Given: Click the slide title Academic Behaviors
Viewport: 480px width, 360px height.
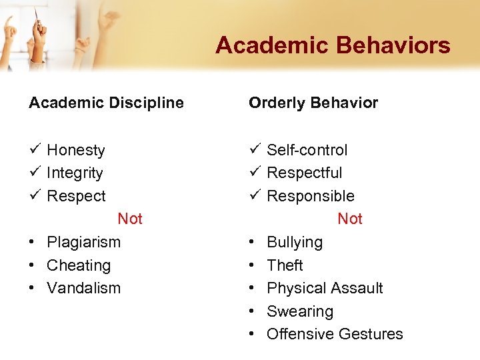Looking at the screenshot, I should click(333, 46).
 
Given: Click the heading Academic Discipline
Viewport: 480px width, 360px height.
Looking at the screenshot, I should click(106, 103).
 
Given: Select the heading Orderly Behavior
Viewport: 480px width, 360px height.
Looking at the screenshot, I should click(313, 103).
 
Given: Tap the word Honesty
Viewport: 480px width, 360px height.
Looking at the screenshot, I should click(76, 150).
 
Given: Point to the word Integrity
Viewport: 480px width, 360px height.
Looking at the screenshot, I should click(75, 173).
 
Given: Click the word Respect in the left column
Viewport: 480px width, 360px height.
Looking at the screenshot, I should click(76, 196).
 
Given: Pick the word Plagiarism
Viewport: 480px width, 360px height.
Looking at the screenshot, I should click(83, 242).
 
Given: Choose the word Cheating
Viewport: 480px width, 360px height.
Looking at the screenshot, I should click(79, 265).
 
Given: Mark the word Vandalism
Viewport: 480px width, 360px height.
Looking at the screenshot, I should click(83, 288).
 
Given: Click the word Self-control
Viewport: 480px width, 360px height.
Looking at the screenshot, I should click(307, 150).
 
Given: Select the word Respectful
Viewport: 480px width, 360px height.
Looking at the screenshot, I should click(304, 173).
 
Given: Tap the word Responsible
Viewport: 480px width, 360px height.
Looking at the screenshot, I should click(310, 196).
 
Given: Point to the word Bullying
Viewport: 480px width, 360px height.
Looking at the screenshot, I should click(295, 242).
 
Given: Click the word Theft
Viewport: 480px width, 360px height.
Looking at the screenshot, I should click(285, 265).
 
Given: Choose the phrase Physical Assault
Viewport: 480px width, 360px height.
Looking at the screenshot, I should click(325, 288).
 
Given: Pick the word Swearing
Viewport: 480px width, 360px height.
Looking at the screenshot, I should click(300, 311).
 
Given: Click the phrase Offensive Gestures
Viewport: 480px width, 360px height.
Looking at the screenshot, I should click(335, 334).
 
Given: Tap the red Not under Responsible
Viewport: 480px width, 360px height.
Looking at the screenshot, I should click(350, 219).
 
